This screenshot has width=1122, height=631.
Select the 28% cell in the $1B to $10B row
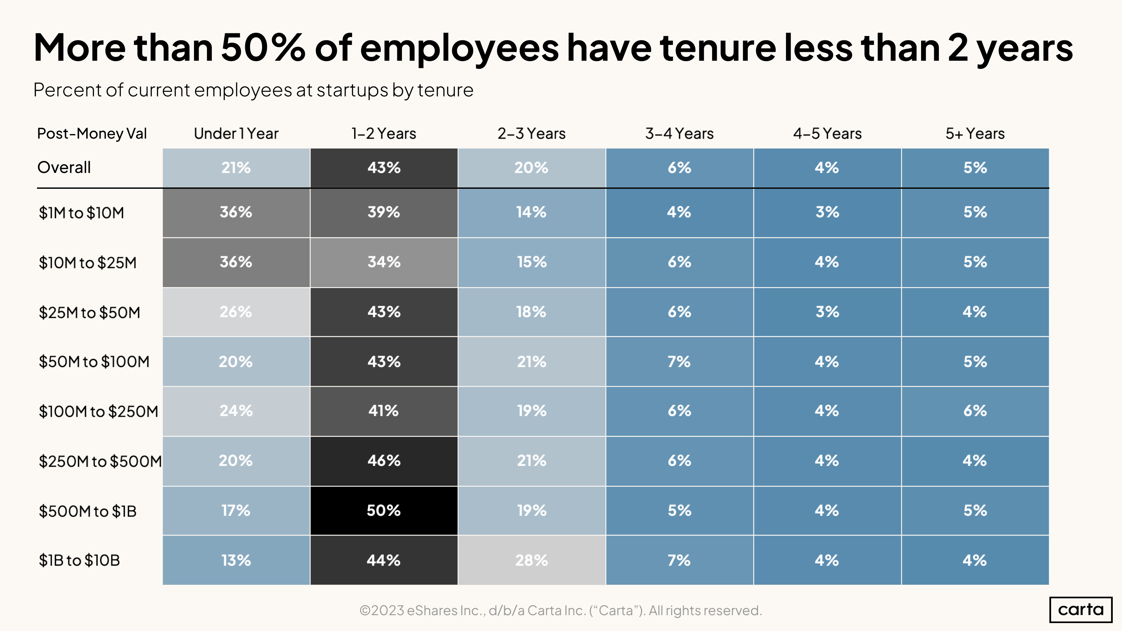click(531, 560)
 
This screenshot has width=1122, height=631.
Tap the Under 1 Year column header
click(236, 134)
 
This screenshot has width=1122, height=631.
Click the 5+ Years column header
click(975, 134)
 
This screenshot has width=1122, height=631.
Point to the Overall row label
click(64, 168)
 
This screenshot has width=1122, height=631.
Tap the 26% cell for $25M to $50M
click(236, 312)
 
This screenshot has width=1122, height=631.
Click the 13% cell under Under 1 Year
click(236, 560)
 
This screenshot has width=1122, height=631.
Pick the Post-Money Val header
click(92, 134)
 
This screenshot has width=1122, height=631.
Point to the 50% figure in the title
click(263, 48)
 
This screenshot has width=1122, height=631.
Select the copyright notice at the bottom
click(561, 611)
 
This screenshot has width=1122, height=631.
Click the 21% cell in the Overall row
click(236, 168)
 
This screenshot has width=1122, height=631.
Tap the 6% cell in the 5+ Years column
click(975, 411)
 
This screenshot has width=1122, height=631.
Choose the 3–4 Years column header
click(679, 134)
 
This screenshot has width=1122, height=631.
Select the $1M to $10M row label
click(82, 213)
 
